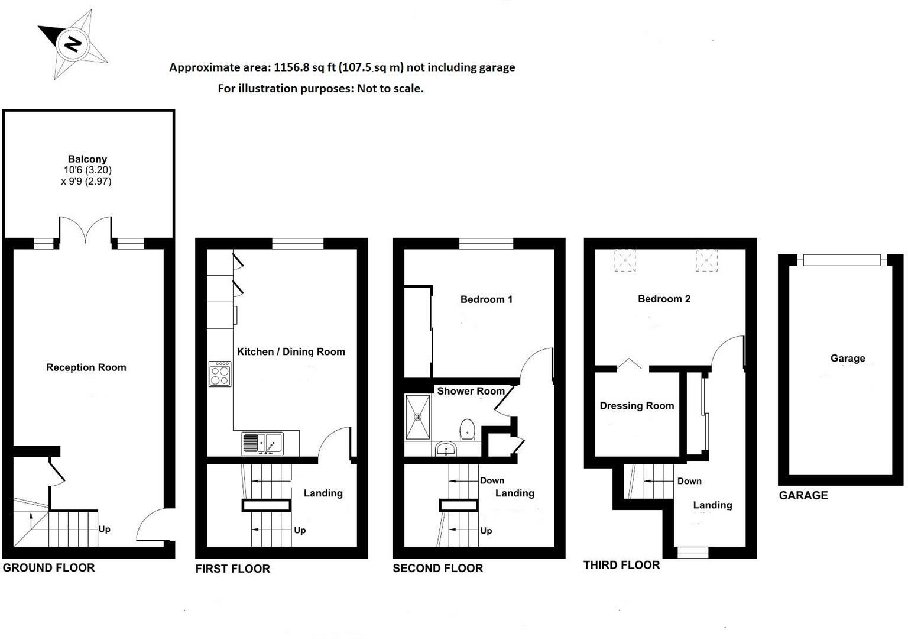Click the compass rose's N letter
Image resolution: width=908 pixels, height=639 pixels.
pyautogui.click(x=73, y=44)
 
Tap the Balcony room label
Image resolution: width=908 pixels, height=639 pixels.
pyautogui.click(x=87, y=159)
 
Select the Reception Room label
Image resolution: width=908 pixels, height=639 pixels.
pyautogui.click(x=86, y=367)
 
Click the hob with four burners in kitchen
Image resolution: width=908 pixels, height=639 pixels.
pyautogui.click(x=220, y=374)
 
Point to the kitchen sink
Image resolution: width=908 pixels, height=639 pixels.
pyautogui.click(x=262, y=443)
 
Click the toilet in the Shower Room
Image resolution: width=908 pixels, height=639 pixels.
pyautogui.click(x=467, y=429)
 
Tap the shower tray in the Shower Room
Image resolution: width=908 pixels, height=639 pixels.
pyautogui.click(x=418, y=417)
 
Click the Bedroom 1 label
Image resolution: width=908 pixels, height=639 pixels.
pyautogui.click(x=487, y=299)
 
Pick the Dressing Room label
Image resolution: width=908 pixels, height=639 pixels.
pyautogui.click(x=637, y=406)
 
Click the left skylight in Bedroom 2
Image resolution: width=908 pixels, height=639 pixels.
pyautogui.click(x=625, y=260)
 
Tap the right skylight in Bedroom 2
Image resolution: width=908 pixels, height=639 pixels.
pyautogui.click(x=706, y=260)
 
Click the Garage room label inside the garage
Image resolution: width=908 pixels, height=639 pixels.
pyautogui.click(x=848, y=358)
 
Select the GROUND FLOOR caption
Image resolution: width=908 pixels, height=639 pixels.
pyautogui.click(x=49, y=568)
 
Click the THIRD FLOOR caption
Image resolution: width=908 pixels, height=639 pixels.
pyautogui.click(x=621, y=565)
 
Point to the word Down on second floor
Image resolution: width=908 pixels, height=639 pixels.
pyautogui.click(x=492, y=480)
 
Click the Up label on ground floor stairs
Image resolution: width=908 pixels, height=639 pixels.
pyautogui.click(x=104, y=529)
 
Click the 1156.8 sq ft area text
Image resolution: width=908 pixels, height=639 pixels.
pyautogui.click(x=302, y=67)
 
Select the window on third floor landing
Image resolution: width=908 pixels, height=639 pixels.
pyautogui.click(x=692, y=553)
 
